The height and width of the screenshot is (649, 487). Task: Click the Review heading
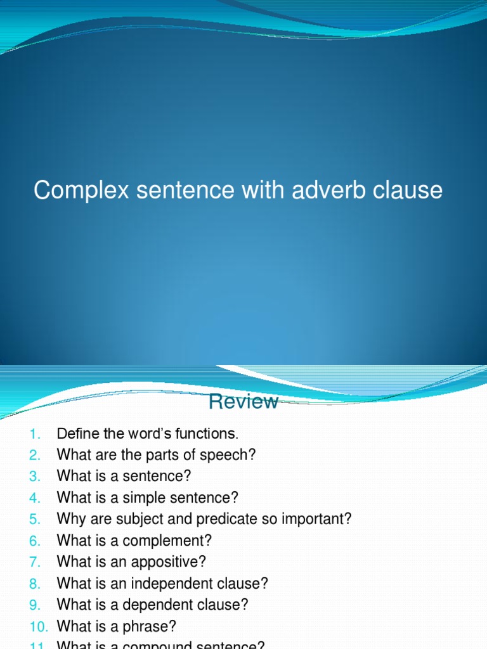click(243, 402)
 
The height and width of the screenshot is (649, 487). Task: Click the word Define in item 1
click(76, 434)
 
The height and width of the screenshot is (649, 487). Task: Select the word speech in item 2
click(231, 455)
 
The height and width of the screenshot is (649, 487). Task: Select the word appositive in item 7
click(171, 562)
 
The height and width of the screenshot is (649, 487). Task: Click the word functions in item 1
click(208, 434)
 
